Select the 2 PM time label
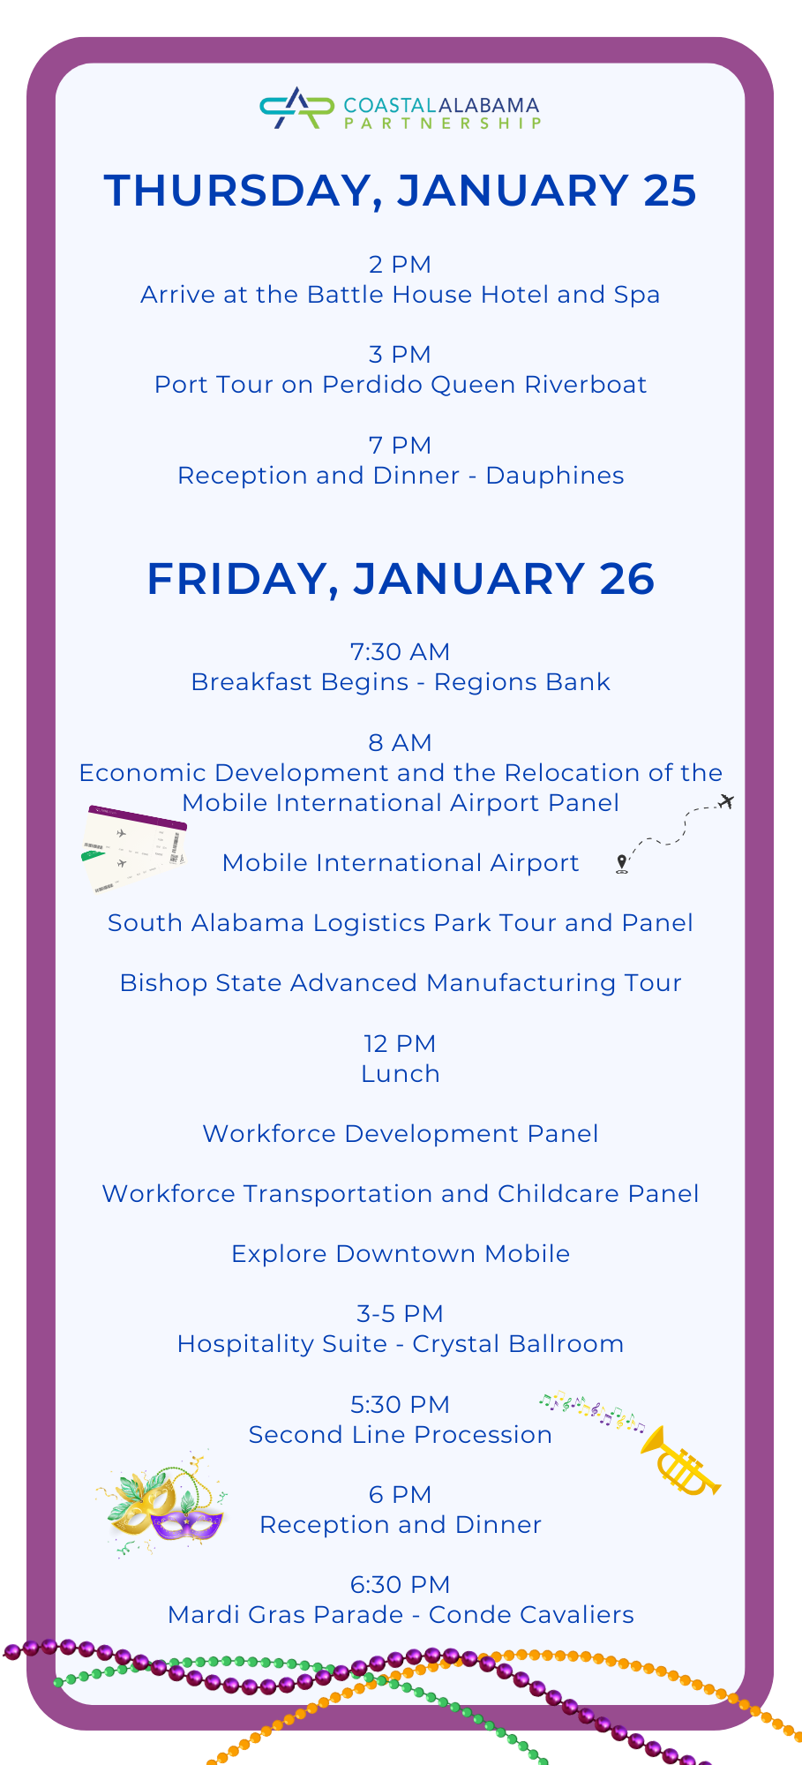400,265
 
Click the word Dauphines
555,476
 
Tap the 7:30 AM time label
400,652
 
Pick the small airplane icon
726,801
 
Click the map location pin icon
622,863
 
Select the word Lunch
400,1074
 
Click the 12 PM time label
400,1044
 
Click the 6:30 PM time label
400,1585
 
